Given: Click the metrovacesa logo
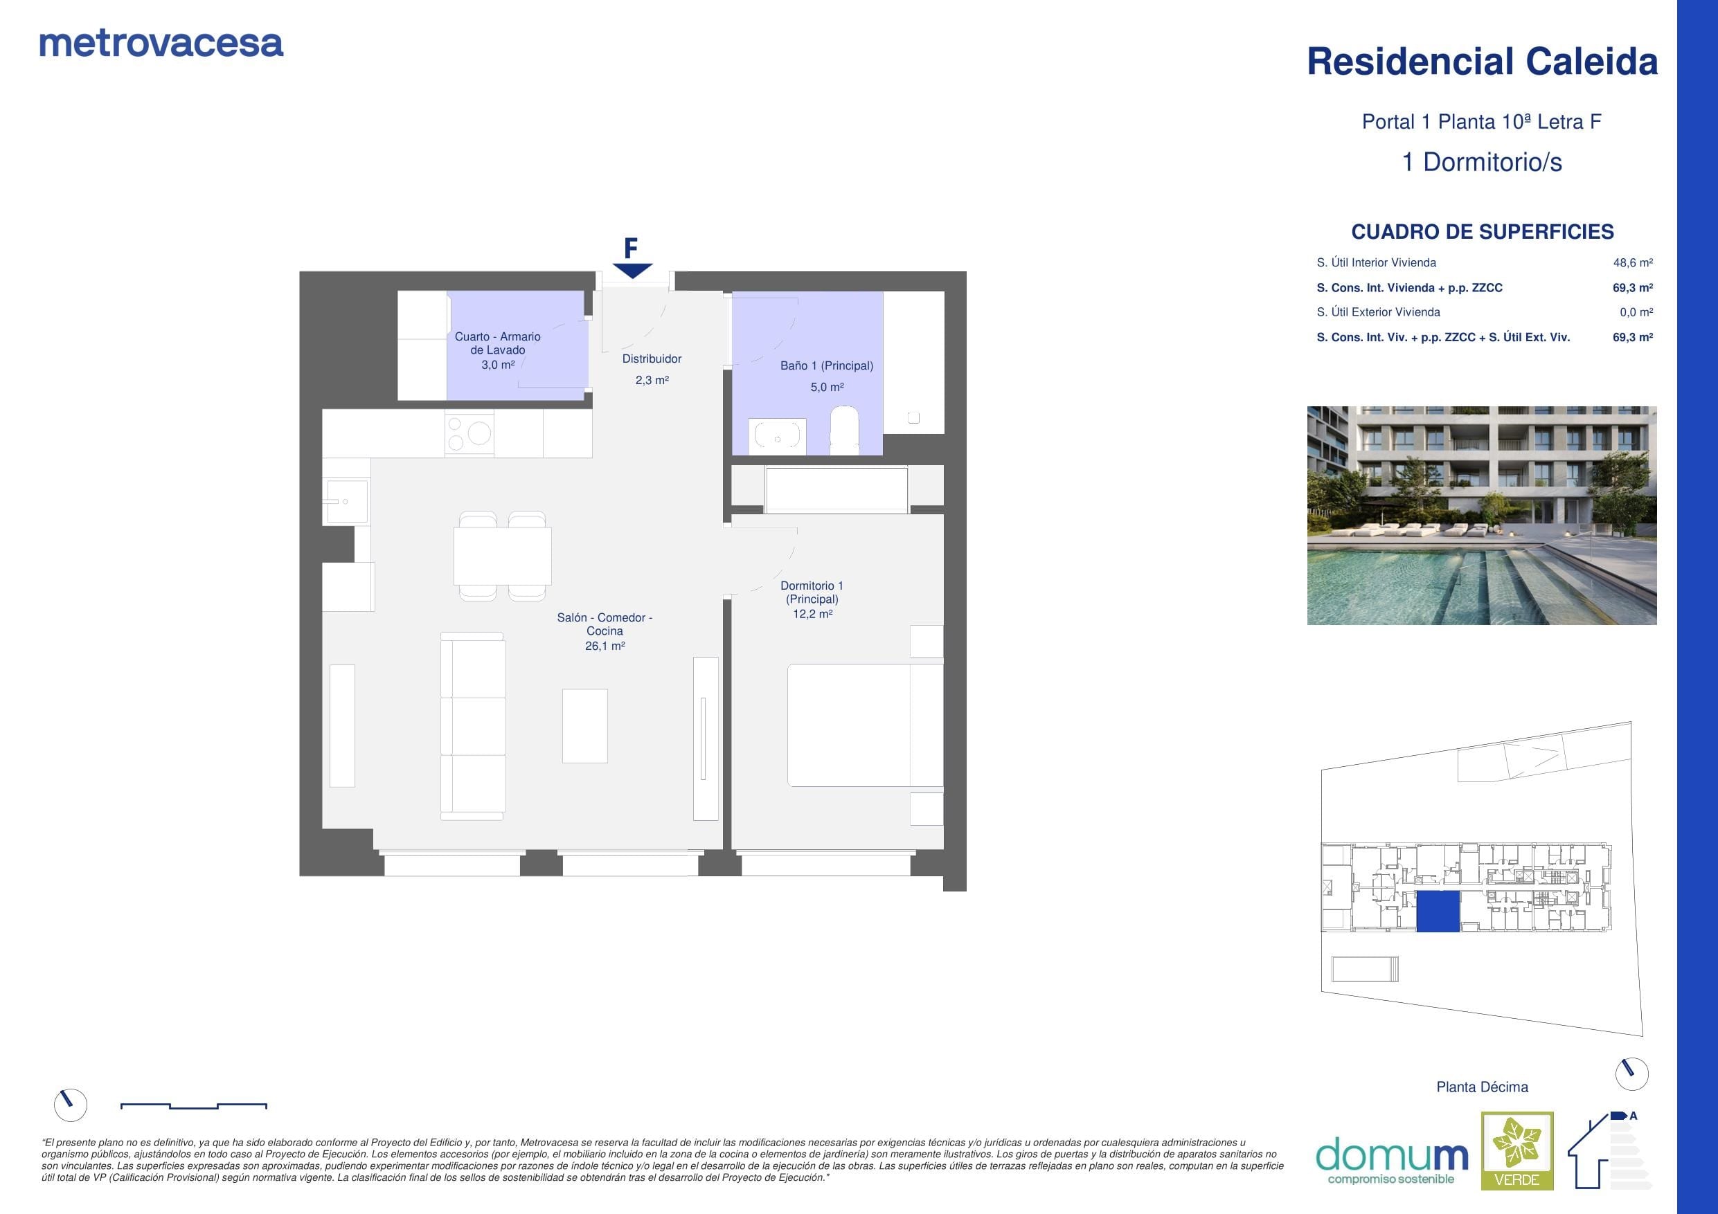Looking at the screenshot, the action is pyautogui.click(x=161, y=44).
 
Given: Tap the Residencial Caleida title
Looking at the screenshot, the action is pyautogui.click(x=1482, y=62).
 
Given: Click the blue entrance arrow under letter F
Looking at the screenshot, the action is pyautogui.click(x=632, y=271).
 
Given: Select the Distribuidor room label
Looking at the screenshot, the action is pyautogui.click(x=652, y=359).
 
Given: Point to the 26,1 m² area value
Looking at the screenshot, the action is pyautogui.click(x=605, y=646).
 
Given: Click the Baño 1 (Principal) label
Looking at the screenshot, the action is pyautogui.click(x=827, y=365).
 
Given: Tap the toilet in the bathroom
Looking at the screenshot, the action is pyautogui.click(x=845, y=430).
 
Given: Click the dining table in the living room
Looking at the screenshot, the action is pyautogui.click(x=502, y=556).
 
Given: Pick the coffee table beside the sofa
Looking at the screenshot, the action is pyautogui.click(x=584, y=725).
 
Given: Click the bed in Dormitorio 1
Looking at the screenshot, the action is pyautogui.click(x=865, y=725).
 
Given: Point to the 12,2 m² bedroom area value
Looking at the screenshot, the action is pyautogui.click(x=813, y=613).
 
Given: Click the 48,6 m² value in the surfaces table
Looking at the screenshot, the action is pyautogui.click(x=1633, y=262).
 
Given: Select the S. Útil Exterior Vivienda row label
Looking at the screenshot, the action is pyautogui.click(x=1378, y=312).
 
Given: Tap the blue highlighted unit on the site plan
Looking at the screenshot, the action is pyautogui.click(x=1438, y=911).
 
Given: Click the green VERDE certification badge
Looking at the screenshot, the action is pyautogui.click(x=1517, y=1150).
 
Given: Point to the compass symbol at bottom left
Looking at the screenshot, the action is pyautogui.click(x=71, y=1104).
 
